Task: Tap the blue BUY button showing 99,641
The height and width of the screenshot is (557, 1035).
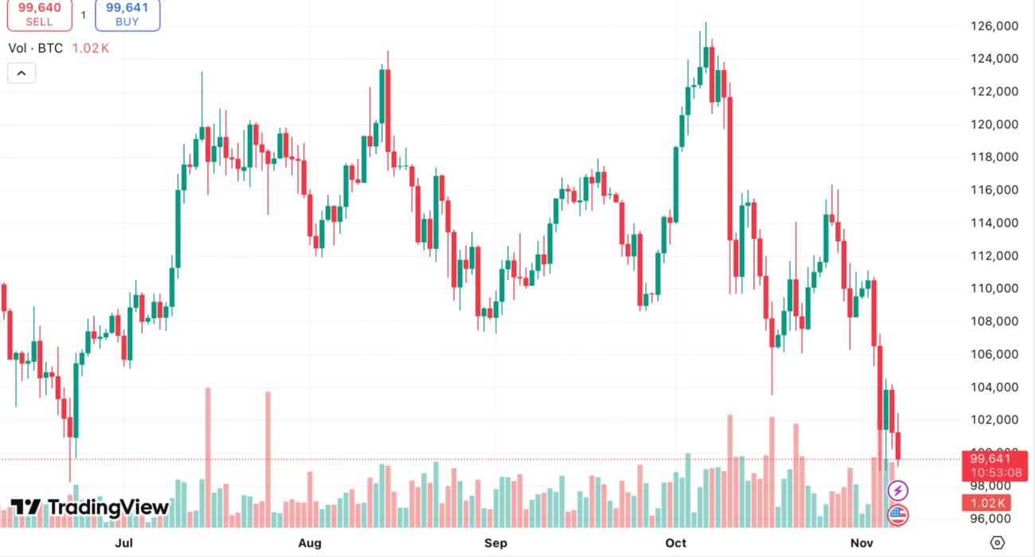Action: [127, 14]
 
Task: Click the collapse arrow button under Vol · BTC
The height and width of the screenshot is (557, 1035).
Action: [21, 73]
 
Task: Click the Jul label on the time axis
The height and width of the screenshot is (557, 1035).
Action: [123, 543]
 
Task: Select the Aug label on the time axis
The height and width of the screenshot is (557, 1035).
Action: [310, 543]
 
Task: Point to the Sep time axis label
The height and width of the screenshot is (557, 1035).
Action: [495, 543]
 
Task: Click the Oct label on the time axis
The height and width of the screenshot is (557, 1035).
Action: [676, 543]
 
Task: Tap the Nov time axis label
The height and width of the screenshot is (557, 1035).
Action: [861, 543]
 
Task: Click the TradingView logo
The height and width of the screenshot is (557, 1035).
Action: [89, 508]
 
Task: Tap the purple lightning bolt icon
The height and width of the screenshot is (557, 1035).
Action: [898, 490]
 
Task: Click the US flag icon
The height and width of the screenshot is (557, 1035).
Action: [898, 515]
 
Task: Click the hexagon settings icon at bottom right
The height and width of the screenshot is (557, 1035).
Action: [998, 543]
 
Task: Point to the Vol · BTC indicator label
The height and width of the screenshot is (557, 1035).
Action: [36, 48]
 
